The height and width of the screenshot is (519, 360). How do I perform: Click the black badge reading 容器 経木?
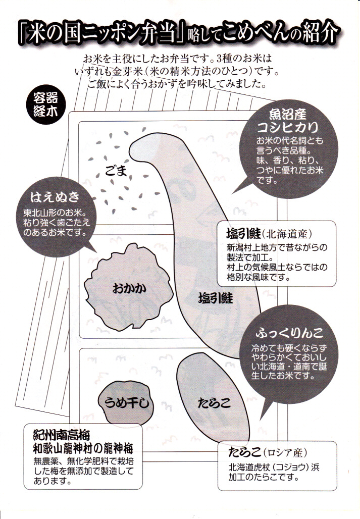[x=45, y=105]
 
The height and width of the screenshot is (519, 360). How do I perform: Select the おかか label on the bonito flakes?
[x=129, y=288]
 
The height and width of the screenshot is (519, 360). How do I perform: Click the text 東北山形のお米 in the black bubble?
[x=54, y=212]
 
